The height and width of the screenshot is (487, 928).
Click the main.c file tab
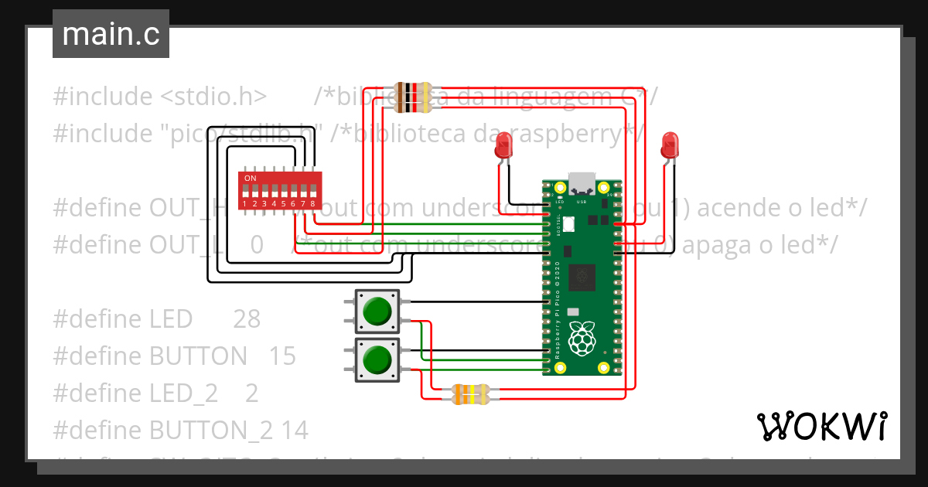[111, 35]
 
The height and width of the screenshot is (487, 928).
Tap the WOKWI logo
[821, 426]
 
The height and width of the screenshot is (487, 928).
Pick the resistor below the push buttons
[469, 395]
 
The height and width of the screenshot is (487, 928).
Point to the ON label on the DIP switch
[250, 179]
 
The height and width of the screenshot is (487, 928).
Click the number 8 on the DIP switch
[312, 204]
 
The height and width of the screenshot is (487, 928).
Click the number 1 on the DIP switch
[244, 204]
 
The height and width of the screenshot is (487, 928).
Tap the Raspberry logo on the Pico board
[581, 339]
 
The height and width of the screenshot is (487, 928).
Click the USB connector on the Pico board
[582, 183]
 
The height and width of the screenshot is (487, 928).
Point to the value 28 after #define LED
[246, 319]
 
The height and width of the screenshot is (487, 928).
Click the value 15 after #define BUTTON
[282, 356]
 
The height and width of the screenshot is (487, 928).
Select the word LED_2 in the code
[183, 393]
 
